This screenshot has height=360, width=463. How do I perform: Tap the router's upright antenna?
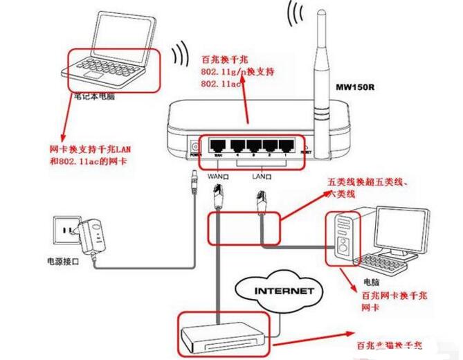coord(323,69)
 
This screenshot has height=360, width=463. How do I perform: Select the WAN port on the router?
coord(218,146)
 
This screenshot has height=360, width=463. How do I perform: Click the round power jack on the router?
coord(195,147)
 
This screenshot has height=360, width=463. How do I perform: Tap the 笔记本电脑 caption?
coord(93,97)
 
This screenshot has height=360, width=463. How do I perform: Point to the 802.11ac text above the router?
coord(220,83)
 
